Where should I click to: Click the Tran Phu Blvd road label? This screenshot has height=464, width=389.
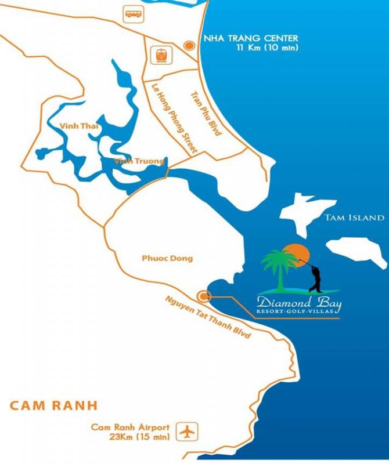[206, 113]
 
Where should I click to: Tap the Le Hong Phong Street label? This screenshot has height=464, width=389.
[175, 119]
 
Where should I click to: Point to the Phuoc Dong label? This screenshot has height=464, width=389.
[167, 258]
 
